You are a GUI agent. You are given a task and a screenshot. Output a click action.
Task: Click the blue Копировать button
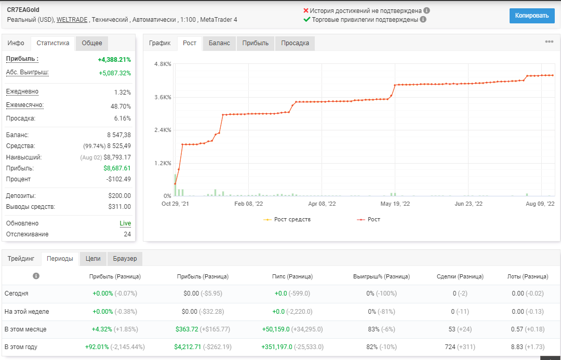pyautogui.click(x=532, y=16)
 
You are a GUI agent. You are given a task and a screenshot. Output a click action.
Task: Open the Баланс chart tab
pyautogui.click(x=219, y=43)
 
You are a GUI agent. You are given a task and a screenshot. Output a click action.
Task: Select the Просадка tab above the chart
pyautogui.click(x=295, y=43)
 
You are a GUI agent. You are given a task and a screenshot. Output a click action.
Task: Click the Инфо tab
pyautogui.click(x=16, y=43)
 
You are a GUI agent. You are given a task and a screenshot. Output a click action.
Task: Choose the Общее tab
pyautogui.click(x=92, y=43)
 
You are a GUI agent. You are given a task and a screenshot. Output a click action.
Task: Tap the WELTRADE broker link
pyautogui.click(x=72, y=20)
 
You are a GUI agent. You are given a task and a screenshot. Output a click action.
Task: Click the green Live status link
pyautogui.click(x=125, y=223)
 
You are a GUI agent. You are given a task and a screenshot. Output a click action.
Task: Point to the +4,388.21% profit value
pyautogui.click(x=114, y=60)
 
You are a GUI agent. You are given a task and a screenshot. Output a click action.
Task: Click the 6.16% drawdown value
pyautogui.click(x=123, y=118)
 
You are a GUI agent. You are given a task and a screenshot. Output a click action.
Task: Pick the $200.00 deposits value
pyautogui.click(x=119, y=196)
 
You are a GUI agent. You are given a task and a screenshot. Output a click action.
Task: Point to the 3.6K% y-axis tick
pyautogui.click(x=163, y=97)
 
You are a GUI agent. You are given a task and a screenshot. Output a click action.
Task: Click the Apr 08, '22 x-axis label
pyautogui.click(x=322, y=204)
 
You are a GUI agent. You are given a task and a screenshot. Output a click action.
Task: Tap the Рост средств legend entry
pyautogui.click(x=287, y=219)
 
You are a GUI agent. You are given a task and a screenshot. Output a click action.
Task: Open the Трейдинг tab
pyautogui.click(x=21, y=259)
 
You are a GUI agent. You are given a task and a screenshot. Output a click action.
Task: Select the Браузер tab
pyautogui.click(x=125, y=259)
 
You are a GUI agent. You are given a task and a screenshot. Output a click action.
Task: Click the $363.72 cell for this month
pyautogui.click(x=187, y=329)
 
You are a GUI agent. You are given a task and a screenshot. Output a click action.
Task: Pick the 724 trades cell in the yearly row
pyautogui.click(x=450, y=347)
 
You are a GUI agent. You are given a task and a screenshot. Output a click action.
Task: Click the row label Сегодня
pyautogui.click(x=17, y=294)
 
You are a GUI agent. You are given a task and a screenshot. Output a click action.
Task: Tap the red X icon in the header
pyautogui.click(x=306, y=11)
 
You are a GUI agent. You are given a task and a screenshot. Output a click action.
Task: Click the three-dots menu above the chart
pyautogui.click(x=549, y=42)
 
